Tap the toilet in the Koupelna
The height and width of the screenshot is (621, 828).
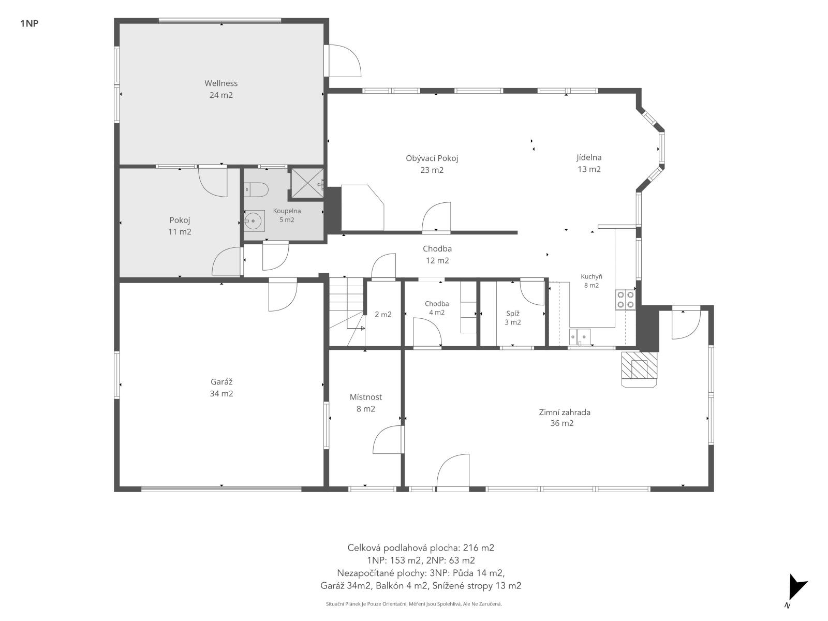[256, 189]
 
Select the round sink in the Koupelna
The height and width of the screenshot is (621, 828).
[254, 220]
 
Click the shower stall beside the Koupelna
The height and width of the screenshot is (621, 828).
[307, 183]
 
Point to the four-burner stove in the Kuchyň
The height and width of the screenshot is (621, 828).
[625, 300]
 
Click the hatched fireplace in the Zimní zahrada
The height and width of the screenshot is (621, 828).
[640, 369]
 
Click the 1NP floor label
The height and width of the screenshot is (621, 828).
[29, 23]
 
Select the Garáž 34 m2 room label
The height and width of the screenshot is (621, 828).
[221, 388]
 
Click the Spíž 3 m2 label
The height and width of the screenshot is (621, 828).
[513, 317]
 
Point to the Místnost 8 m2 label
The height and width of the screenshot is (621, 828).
[365, 403]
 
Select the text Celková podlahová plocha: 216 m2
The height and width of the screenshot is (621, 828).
[421, 548]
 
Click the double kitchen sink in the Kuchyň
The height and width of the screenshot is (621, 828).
[580, 337]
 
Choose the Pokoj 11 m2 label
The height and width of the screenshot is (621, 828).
[180, 226]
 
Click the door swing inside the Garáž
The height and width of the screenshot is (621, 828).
[283, 297]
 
